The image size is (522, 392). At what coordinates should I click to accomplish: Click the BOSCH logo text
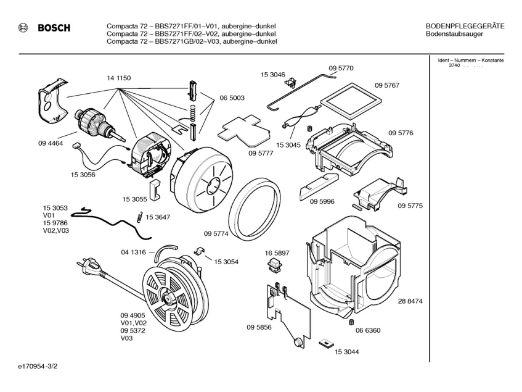pyautogui.click(x=54, y=28)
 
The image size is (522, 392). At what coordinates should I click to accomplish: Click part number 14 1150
pyautogui.click(x=118, y=78)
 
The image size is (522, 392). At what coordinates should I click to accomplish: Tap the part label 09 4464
pyautogui.click(x=51, y=143)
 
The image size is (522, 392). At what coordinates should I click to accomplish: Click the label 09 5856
pyautogui.click(x=259, y=327)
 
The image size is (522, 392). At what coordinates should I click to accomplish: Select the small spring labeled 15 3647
pyautogui.click(x=137, y=216)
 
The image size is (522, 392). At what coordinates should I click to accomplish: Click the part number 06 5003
pyautogui.click(x=232, y=98)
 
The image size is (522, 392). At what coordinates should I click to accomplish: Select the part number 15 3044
pyautogui.click(x=347, y=352)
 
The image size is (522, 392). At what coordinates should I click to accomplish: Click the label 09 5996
pyautogui.click(x=322, y=201)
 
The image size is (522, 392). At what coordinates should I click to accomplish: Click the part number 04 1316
pyautogui.click(x=133, y=252)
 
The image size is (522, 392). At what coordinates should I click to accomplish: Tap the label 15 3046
pyautogui.click(x=272, y=74)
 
